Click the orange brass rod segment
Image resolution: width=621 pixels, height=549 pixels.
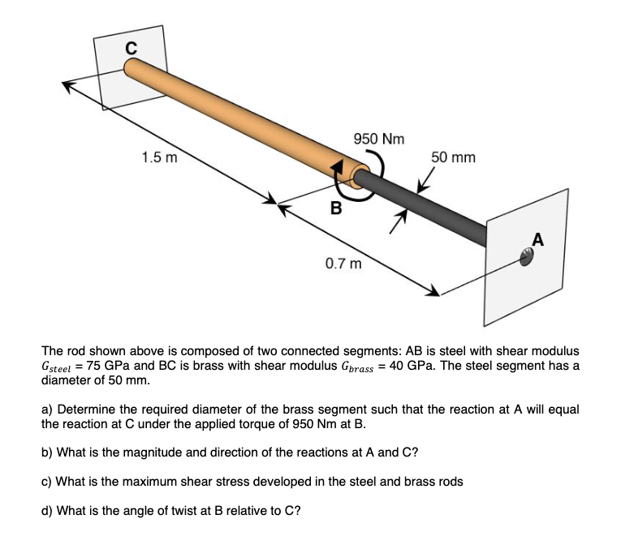click(235, 117)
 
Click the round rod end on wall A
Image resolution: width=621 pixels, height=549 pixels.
click(527, 257)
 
